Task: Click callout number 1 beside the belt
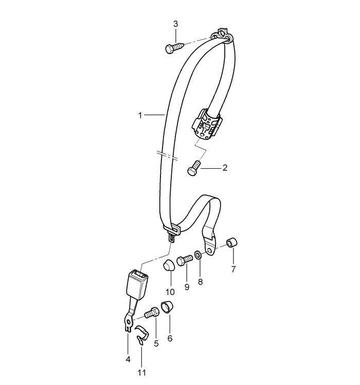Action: click(x=140, y=115)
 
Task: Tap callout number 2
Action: click(x=225, y=168)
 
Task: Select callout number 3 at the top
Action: click(x=175, y=24)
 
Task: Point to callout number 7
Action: click(x=233, y=269)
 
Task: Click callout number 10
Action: click(x=170, y=292)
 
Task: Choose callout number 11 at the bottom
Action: click(x=142, y=373)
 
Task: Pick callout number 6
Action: click(x=170, y=339)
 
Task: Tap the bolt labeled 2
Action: click(x=194, y=168)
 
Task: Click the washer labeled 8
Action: click(x=199, y=255)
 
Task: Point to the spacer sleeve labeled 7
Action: click(x=231, y=242)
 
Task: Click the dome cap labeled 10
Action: click(x=169, y=265)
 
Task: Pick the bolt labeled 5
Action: click(x=152, y=312)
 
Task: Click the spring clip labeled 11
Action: click(x=142, y=335)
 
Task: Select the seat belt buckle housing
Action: click(x=137, y=285)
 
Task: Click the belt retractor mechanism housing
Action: click(x=207, y=124)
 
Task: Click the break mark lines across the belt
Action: click(x=167, y=156)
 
